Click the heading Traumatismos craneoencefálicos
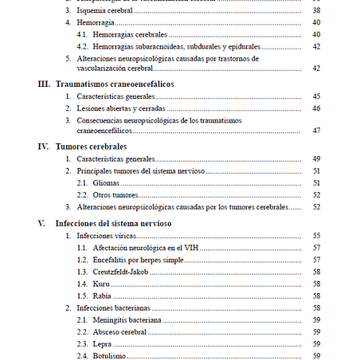(115, 84)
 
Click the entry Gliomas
(108, 183)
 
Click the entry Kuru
(102, 284)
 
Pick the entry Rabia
(104, 295)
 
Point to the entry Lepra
(104, 343)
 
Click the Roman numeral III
(44, 84)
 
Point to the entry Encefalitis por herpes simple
(140, 260)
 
